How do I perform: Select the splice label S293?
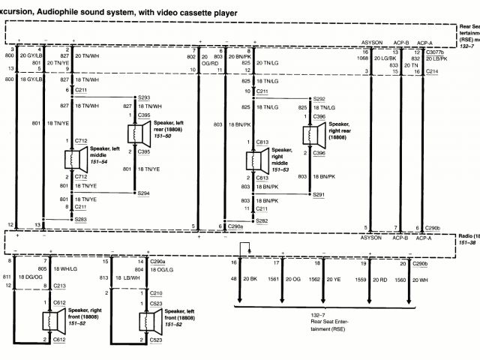144,98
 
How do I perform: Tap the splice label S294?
144,193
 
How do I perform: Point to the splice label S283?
81,219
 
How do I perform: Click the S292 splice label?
319,98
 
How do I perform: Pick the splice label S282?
262,221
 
